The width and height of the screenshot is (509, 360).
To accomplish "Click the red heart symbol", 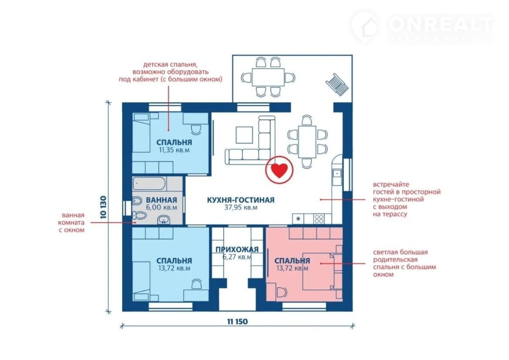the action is (279, 170).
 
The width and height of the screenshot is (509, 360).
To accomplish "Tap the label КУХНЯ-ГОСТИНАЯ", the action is (241, 200).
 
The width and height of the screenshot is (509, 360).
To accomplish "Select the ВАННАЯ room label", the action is (161, 200).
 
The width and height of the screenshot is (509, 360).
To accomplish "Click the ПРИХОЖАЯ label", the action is (237, 249).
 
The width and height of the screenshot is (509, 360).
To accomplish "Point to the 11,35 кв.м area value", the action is (174, 150).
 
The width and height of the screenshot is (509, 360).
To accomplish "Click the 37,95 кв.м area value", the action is (241, 207).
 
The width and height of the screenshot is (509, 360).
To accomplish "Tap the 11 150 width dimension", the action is (238, 321).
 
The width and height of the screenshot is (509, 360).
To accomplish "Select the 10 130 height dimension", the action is (103, 207).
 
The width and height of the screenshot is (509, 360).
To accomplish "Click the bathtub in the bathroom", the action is (149, 184).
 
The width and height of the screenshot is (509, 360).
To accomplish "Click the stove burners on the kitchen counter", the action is (319, 219).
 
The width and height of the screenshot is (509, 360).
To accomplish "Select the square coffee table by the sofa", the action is (244, 135).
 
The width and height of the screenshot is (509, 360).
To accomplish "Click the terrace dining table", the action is (268, 77).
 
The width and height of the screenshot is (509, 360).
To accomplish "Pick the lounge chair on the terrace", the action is (338, 85).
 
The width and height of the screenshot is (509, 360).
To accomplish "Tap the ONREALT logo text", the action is (441, 23).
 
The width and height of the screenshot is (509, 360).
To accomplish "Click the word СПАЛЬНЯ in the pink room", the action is (292, 261).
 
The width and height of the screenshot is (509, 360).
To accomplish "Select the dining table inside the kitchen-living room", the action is (307, 142).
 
